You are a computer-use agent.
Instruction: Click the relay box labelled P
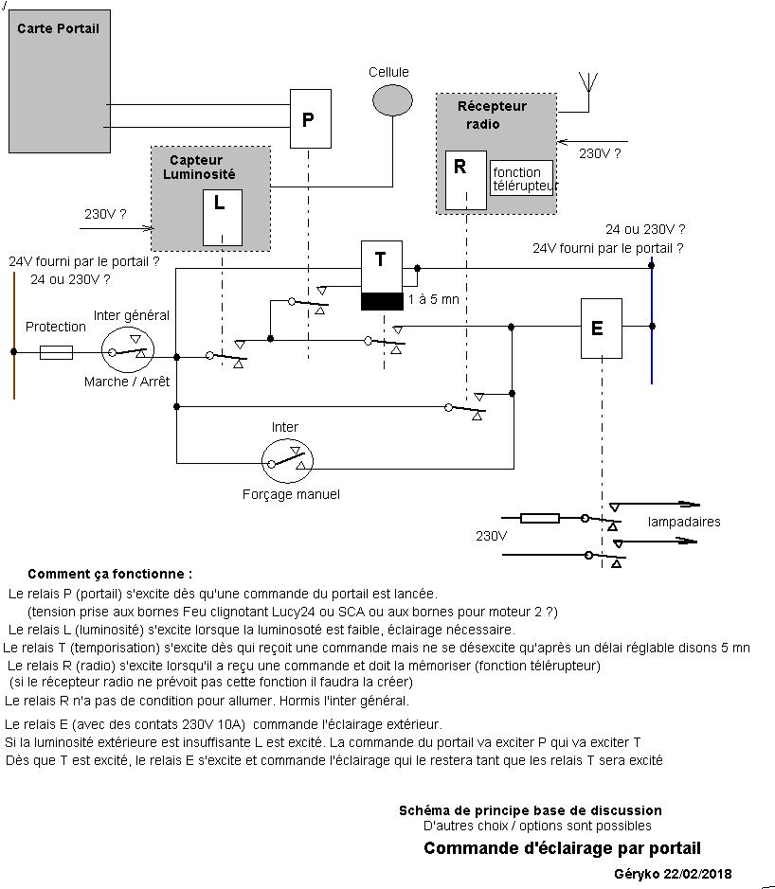pos(310,118)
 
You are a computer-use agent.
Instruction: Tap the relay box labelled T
pos(381,266)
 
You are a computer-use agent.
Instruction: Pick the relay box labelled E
pos(601,328)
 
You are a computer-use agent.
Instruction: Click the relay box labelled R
pos(465,180)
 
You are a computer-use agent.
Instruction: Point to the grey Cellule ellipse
pos(392,99)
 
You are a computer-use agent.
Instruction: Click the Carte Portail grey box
pos(59,80)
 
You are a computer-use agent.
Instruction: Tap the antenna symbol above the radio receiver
pos(590,80)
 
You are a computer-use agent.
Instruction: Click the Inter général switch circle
pos(128,352)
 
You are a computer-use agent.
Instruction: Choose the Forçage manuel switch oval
pos(287,461)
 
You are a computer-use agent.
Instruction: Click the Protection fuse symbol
pos(57,352)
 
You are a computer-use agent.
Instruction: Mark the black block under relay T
pos(381,301)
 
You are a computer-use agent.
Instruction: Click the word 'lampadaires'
pos(684,522)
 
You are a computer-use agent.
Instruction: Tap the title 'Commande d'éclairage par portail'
pos(562,848)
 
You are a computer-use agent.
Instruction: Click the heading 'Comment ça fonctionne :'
pos(110,574)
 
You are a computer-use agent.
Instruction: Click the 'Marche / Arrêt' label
pos(127,382)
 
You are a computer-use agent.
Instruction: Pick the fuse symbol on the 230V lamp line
pos(541,518)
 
